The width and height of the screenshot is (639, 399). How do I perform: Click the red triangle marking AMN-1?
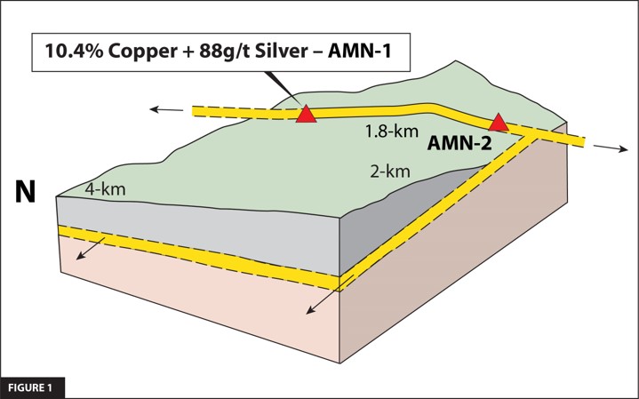[x=306, y=115]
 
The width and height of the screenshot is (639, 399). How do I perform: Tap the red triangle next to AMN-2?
[x=499, y=123]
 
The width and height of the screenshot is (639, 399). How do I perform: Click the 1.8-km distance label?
[x=385, y=132]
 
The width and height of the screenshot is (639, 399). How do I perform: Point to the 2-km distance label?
[x=390, y=172]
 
